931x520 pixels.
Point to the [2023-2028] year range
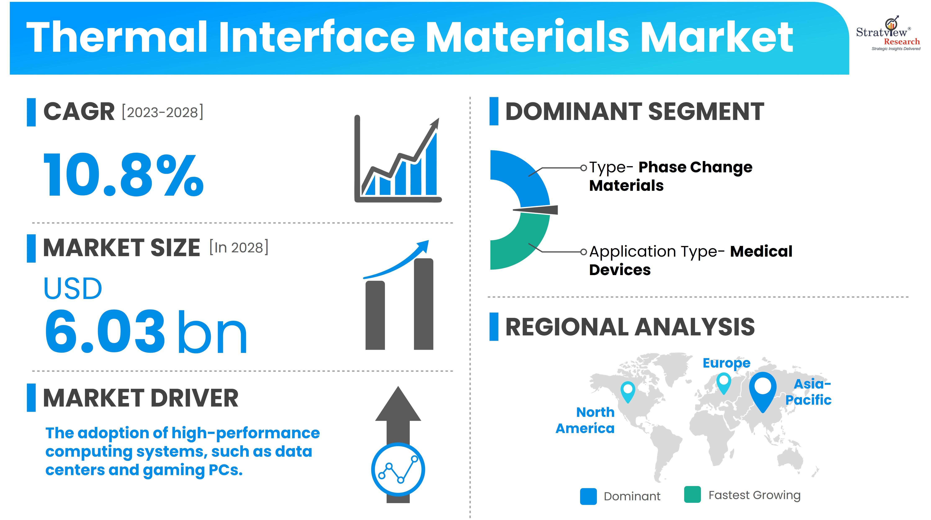coord(163,112)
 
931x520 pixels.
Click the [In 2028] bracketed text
coord(239,247)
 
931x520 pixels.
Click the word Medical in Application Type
coord(761,251)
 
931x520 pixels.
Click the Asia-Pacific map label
coord(809,392)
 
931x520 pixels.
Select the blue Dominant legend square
coord(588,496)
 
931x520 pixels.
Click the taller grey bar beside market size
coord(424,304)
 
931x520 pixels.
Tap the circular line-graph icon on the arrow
coord(398,469)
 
